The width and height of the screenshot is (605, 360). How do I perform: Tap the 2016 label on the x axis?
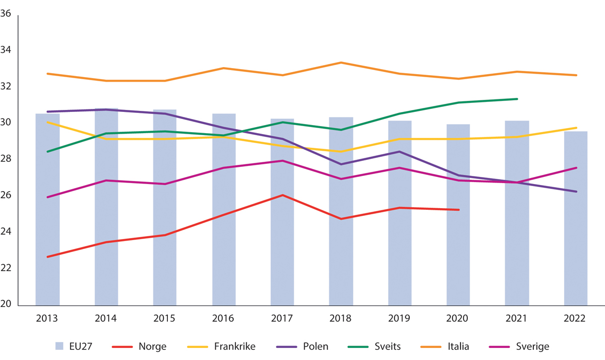click(x=223, y=319)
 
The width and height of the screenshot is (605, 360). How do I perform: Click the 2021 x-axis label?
click(x=517, y=319)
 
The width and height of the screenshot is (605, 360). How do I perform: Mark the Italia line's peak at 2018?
click(x=341, y=63)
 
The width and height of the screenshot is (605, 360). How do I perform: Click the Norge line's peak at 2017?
click(x=282, y=195)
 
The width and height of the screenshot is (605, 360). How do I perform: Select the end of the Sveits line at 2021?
click(x=517, y=99)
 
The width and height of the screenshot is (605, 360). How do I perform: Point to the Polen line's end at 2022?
click(x=576, y=192)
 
